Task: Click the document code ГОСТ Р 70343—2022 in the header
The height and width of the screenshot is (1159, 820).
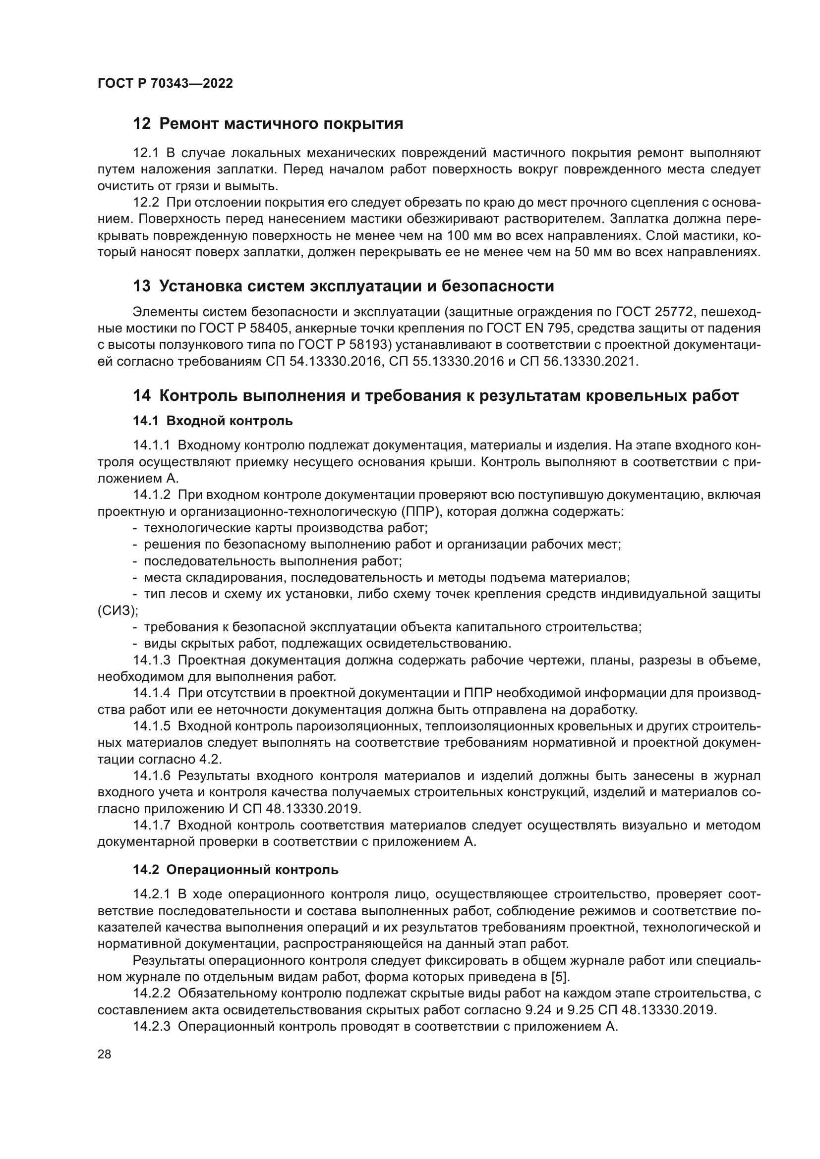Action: tap(165, 84)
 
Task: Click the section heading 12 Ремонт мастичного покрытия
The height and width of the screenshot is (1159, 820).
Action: tap(268, 124)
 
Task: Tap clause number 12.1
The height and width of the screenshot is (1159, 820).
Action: tap(146, 153)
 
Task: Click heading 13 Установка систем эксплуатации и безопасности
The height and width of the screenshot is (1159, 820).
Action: tap(344, 286)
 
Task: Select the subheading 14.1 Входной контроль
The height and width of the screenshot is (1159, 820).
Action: tap(213, 421)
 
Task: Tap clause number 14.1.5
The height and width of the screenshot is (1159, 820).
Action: tap(153, 726)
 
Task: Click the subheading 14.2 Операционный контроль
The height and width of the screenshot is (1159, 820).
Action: tap(236, 870)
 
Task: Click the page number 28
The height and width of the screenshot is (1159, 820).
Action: tap(105, 1068)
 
